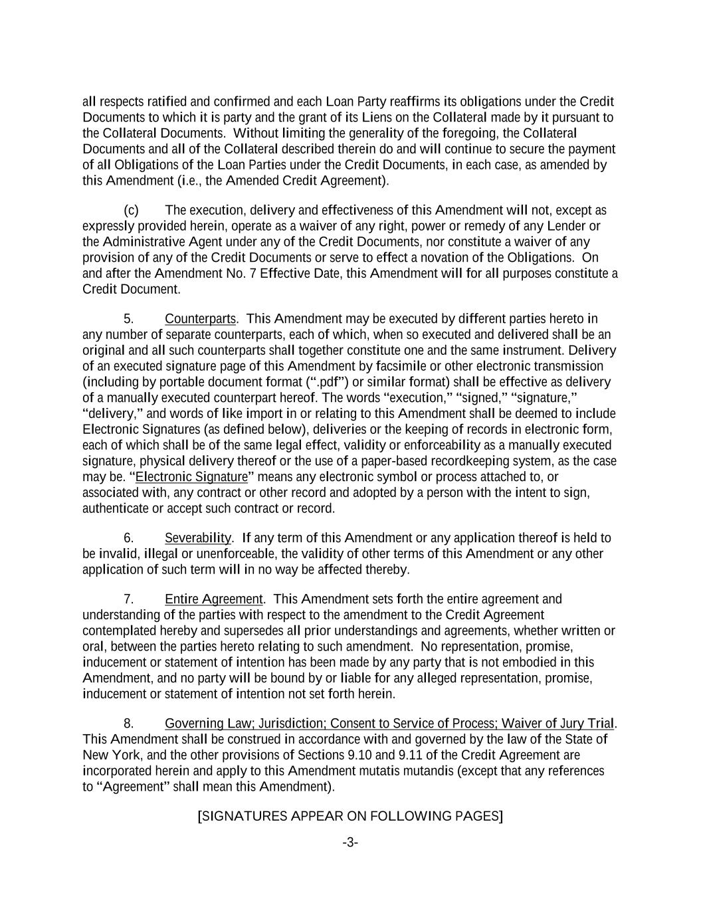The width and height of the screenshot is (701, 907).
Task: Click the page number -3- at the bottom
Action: [350, 843]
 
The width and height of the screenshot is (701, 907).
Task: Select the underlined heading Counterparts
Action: [200, 319]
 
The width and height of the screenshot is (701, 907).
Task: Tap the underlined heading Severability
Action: [198, 538]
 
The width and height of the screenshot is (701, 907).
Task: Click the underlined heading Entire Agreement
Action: [214, 599]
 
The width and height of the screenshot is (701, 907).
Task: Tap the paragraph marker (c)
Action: [131, 211]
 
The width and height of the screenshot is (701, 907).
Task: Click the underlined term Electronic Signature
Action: [191, 477]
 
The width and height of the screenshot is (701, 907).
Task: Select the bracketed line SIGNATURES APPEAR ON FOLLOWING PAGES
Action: [350, 816]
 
